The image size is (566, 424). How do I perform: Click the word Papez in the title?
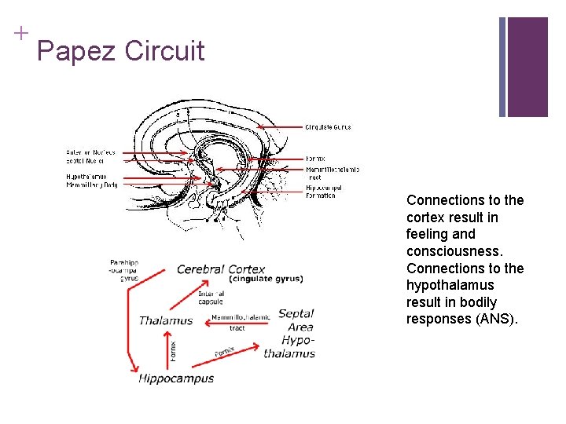[x=76, y=52]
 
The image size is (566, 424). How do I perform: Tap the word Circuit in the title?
[x=164, y=52]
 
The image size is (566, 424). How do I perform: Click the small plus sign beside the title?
[x=19, y=32]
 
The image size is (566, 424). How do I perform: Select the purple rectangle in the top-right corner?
[x=527, y=67]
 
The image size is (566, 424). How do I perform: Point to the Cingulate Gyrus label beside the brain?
[x=328, y=127]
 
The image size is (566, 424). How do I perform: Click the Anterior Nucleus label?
[x=90, y=152]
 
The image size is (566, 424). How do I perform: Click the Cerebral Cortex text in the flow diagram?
[x=221, y=269]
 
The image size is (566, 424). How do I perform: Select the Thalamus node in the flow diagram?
[x=166, y=320]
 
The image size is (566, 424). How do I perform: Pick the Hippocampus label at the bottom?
[x=176, y=378]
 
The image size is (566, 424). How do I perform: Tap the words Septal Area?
[x=296, y=320]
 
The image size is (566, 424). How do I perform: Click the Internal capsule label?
[x=211, y=298]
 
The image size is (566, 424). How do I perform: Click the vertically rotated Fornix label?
[x=174, y=349]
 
